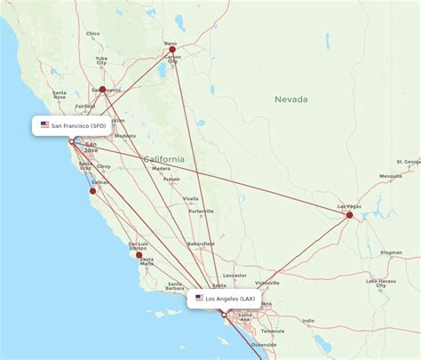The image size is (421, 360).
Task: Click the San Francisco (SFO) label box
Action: [x=73, y=125]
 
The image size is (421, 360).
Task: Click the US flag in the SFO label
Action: [x=44, y=125]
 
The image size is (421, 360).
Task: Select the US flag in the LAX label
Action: [x=199, y=299]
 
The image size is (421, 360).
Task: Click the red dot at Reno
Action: [x=170, y=49]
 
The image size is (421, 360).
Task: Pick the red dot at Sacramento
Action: [x=103, y=90]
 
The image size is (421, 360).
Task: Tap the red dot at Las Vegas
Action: [x=350, y=214]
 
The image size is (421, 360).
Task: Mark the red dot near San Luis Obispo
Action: [x=139, y=255]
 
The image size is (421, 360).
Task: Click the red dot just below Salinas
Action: [x=92, y=190]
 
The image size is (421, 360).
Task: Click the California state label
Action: [x=165, y=158]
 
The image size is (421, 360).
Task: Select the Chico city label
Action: [x=93, y=34]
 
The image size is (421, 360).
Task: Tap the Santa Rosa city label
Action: [x=60, y=93]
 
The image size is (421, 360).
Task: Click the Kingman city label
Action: [x=391, y=252]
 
